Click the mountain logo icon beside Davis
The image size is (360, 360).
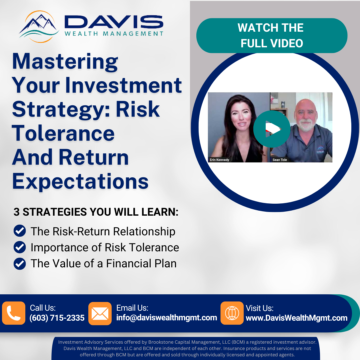click(39, 26)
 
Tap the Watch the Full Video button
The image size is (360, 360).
click(272, 36)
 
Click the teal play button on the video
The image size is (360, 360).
click(272, 129)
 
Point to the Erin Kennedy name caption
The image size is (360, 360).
click(219, 160)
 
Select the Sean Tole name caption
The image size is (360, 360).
click(280, 160)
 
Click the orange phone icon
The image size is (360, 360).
click(14, 313)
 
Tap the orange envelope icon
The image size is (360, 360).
click(100, 313)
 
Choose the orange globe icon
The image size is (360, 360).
click(232, 313)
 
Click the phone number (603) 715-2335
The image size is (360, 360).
click(57, 318)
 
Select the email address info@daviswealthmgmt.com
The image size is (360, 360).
click(167, 318)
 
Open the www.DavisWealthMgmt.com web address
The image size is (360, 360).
click(297, 318)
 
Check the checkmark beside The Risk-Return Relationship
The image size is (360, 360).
click(20, 231)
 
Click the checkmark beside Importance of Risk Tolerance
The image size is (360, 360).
click(20, 247)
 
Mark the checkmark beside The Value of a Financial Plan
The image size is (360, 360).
click(20, 263)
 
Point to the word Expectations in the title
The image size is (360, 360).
click(80, 182)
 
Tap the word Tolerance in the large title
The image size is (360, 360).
click(63, 133)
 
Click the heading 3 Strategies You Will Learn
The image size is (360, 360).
click(96, 212)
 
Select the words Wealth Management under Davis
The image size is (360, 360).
click(114, 34)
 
